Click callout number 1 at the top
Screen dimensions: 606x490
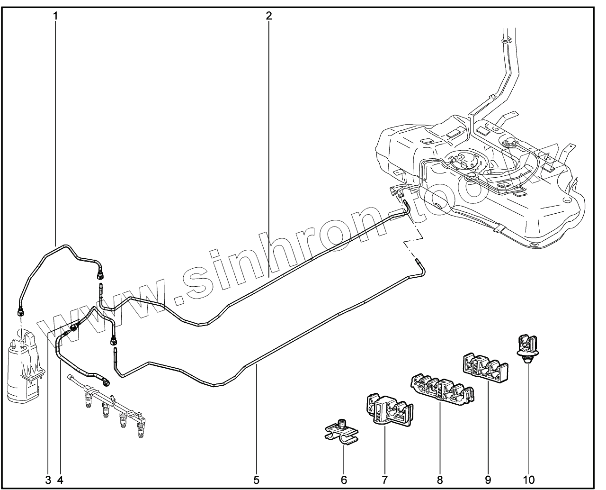55,15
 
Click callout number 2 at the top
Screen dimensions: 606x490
268,15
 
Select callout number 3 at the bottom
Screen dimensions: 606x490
48,480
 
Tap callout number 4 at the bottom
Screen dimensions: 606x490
60,480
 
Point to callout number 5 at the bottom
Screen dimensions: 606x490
256,480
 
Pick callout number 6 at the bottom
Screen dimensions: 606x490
344,480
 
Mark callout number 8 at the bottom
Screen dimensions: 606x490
440,480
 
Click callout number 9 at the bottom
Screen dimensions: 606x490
488,480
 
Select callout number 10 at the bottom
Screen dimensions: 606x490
529,480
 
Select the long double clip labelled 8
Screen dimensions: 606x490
442,389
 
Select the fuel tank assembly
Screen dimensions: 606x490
473,180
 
